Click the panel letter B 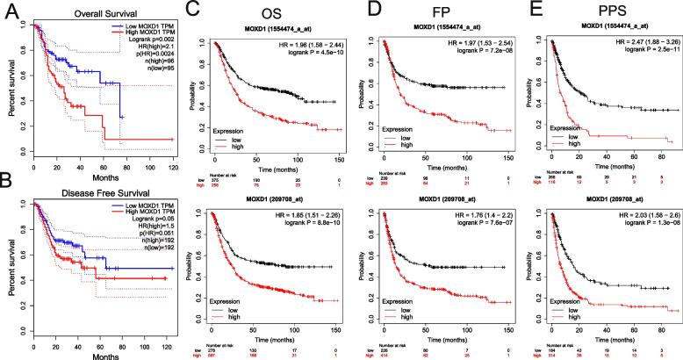[8, 191]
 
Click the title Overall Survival [85, 10]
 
